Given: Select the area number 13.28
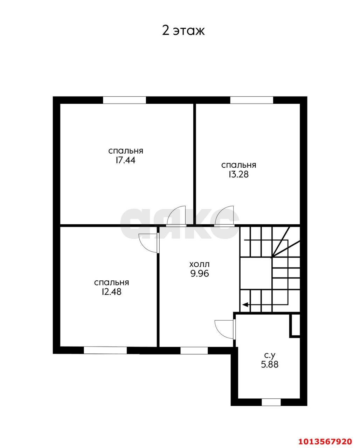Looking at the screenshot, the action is (238, 174).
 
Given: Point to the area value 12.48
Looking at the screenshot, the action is (111, 292).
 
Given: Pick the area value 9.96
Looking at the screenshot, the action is (200, 274).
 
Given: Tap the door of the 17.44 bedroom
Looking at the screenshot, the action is (176, 216).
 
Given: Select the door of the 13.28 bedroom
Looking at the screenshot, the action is (224, 216).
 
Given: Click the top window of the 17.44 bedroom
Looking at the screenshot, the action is (124, 100).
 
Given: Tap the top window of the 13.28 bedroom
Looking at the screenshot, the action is (251, 100).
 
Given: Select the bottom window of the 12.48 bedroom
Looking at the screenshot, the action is (105, 350).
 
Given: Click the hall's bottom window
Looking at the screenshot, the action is (194, 350).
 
